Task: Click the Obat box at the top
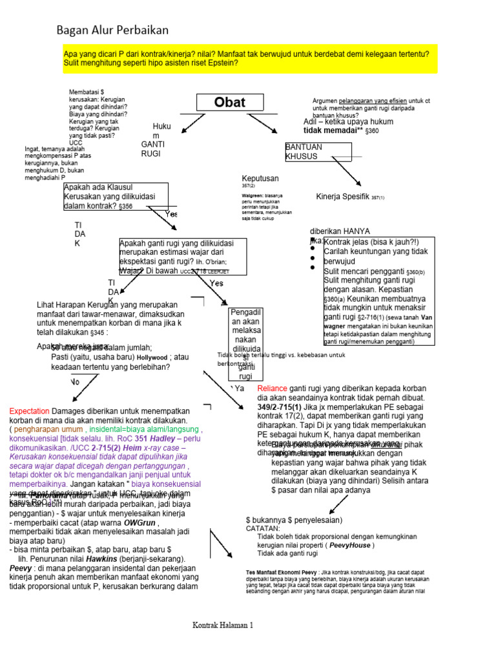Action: (x=230, y=103)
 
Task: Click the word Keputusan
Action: (x=260, y=178)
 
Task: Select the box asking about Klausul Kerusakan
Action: (x=116, y=197)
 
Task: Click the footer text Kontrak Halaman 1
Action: (x=223, y=625)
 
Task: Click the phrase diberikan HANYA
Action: (x=340, y=231)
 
